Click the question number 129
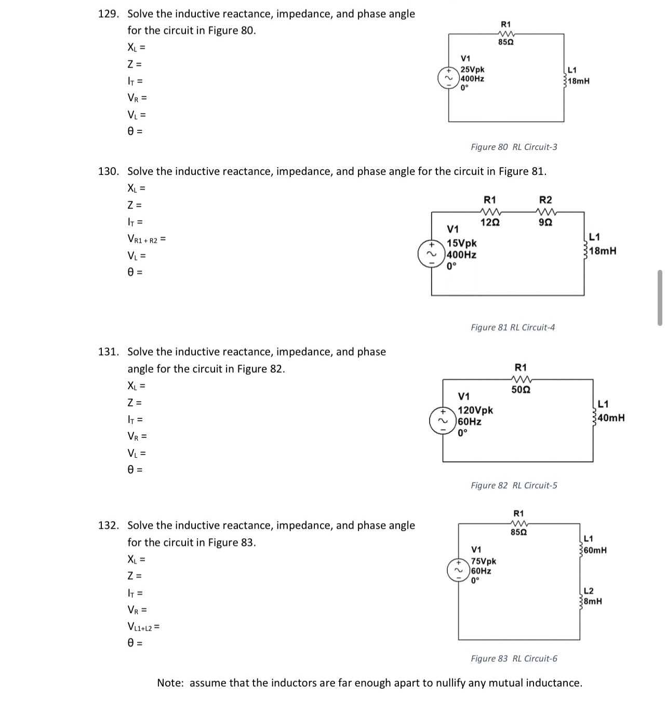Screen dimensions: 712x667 click(x=108, y=14)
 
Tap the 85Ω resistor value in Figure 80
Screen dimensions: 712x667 click(x=505, y=42)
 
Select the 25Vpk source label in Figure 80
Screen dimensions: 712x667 click(x=473, y=70)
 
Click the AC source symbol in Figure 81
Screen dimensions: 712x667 click(x=431, y=254)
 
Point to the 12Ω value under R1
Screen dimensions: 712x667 click(x=490, y=223)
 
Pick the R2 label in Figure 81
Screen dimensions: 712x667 click(x=545, y=200)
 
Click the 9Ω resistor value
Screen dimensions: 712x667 click(x=545, y=223)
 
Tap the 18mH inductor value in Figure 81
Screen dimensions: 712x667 click(x=604, y=251)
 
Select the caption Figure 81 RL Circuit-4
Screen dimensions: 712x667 click(x=513, y=327)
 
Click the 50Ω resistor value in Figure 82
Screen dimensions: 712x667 click(x=521, y=390)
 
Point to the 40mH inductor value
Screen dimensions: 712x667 click(x=611, y=418)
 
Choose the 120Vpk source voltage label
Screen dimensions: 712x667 click(x=475, y=410)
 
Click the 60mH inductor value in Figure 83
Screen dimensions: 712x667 click(x=595, y=550)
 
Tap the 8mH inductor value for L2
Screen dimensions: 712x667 click(x=593, y=601)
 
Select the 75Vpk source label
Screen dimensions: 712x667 click(x=483, y=562)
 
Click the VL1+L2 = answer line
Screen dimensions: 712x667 click(x=143, y=627)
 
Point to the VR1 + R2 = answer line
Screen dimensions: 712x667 click(x=146, y=239)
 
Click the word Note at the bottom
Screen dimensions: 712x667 click(x=170, y=683)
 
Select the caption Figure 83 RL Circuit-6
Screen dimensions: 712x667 click(x=514, y=659)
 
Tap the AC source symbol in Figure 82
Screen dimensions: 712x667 click(x=443, y=421)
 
